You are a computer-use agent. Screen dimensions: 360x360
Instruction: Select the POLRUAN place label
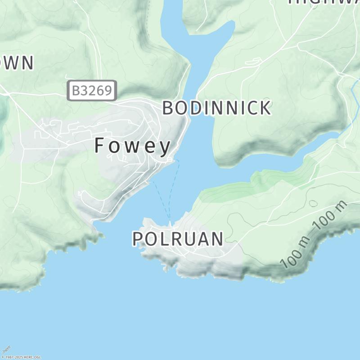tap(177, 239)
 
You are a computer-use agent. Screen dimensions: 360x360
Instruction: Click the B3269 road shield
tap(92, 91)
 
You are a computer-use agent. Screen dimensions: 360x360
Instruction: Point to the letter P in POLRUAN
tap(137, 239)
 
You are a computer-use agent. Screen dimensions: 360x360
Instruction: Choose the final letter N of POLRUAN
tap(217, 239)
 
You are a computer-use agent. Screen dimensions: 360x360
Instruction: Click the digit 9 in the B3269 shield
tap(107, 91)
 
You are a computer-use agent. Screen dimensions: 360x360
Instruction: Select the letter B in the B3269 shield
tap(76, 91)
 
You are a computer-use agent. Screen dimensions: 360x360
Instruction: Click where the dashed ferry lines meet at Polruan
tap(170, 222)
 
